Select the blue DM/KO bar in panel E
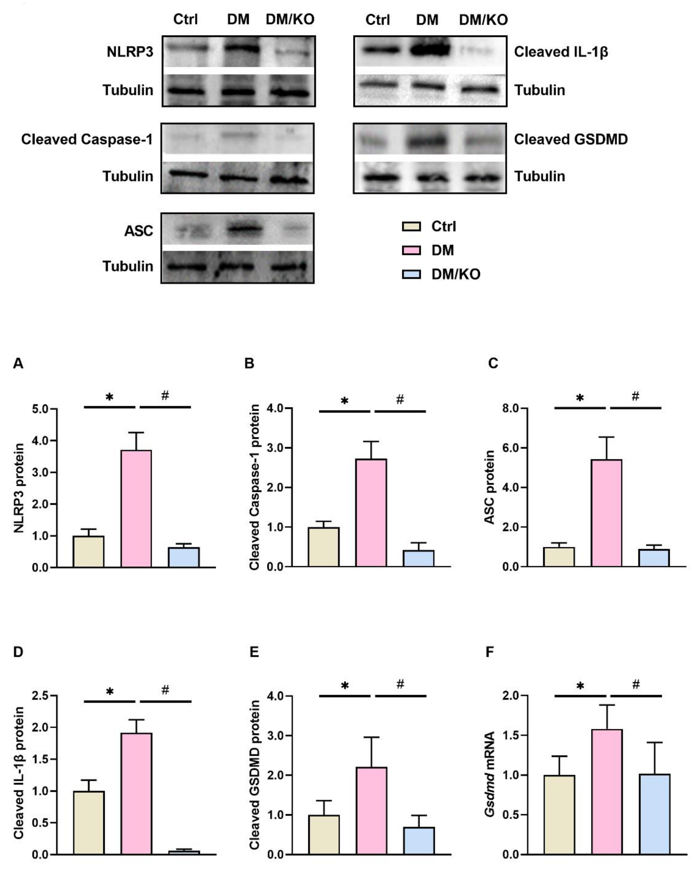click(x=419, y=840)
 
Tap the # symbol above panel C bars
click(x=635, y=396)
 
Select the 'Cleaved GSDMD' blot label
click(x=571, y=139)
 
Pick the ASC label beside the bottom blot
click(x=139, y=231)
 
